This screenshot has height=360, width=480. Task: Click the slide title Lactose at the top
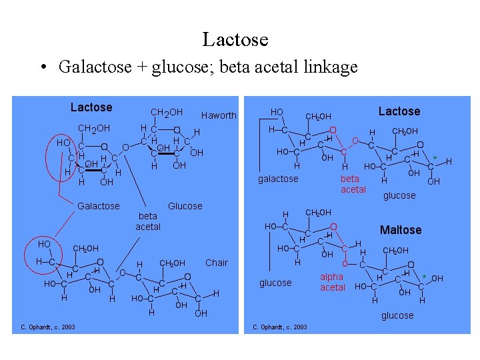coord(235,39)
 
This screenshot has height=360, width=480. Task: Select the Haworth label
coord(219,115)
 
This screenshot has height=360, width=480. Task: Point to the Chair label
coord(217,263)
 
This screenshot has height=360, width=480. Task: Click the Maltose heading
coord(401,230)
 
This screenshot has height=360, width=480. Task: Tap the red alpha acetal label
coord(332,282)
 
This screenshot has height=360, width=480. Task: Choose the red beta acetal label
coord(353,184)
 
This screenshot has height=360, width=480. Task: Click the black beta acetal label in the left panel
coord(148,221)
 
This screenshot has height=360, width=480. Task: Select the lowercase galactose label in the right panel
coord(278,179)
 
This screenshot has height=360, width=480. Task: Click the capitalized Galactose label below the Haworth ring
coord(99,206)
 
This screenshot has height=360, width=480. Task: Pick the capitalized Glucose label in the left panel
coord(185,206)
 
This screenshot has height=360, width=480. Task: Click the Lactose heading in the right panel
coord(399,111)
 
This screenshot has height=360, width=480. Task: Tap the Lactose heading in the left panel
coord(91,107)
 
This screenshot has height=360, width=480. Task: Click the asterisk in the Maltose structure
coord(424,277)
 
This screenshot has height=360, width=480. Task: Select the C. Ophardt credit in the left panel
coord(47,327)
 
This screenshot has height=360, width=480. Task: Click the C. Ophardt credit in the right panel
coord(280,327)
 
